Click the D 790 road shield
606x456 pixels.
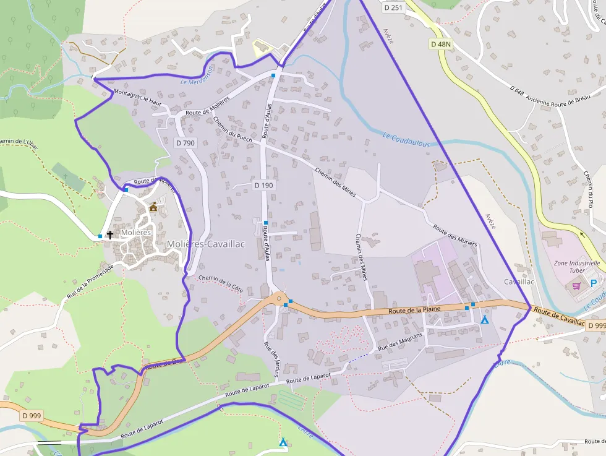[185, 143]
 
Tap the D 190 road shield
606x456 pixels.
[263, 185]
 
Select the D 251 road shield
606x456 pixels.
[393, 7]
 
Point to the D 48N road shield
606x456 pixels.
[441, 44]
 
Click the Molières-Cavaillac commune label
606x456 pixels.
[205, 244]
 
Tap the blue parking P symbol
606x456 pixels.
[594, 283]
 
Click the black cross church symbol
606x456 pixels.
[110, 234]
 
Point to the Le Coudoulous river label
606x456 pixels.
[406, 140]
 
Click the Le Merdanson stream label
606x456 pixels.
[196, 76]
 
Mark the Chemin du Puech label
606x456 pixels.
[233, 129]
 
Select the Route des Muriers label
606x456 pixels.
[455, 236]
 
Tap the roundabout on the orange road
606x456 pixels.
[280, 299]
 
